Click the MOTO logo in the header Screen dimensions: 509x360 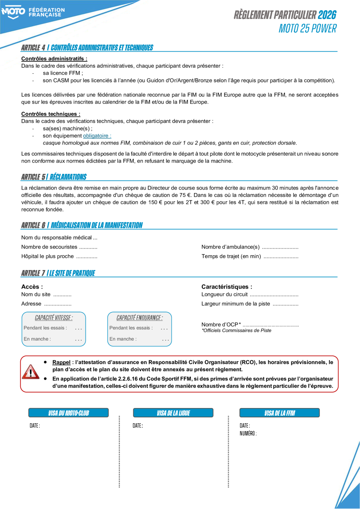[x=13, y=12]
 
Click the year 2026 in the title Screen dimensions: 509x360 [x=327, y=15]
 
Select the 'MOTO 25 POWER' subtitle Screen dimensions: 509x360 [x=308, y=29]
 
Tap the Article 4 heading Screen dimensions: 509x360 [x=87, y=48]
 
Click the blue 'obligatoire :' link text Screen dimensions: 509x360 [x=97, y=135]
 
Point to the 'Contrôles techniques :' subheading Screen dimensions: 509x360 [x=51, y=114]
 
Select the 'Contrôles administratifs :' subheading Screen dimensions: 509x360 [x=54, y=59]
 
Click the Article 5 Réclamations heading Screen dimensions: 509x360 [x=54, y=177]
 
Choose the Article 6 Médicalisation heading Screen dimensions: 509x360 [x=82, y=225]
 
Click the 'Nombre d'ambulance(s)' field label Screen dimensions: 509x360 [x=230, y=247]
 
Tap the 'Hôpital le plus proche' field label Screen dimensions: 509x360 [x=47, y=256]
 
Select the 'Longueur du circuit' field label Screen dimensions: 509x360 [x=224, y=294]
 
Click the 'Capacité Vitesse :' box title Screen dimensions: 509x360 [x=54, y=318]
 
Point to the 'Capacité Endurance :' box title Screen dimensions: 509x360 [x=139, y=318]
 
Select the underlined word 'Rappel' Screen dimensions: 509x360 [x=61, y=363]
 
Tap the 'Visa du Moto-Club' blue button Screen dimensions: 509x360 [x=69, y=413]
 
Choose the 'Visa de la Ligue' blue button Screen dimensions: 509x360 [x=173, y=413]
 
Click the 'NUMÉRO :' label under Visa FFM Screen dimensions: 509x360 [x=248, y=433]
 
